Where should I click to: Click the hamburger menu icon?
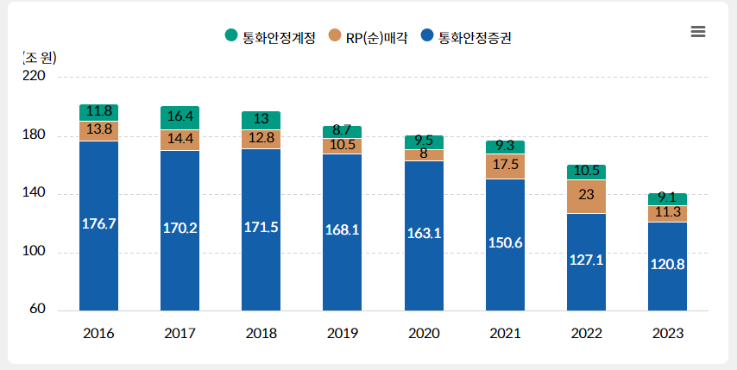pos(698,32)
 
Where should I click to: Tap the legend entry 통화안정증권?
pos(466,36)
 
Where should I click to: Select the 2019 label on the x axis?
pos(342,333)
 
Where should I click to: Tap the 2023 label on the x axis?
pos(667,333)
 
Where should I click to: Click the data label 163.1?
pos(423,233)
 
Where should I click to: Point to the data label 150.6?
pos(505,242)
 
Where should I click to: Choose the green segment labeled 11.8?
pos(98,112)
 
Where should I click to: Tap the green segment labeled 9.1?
pos(667,199)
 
